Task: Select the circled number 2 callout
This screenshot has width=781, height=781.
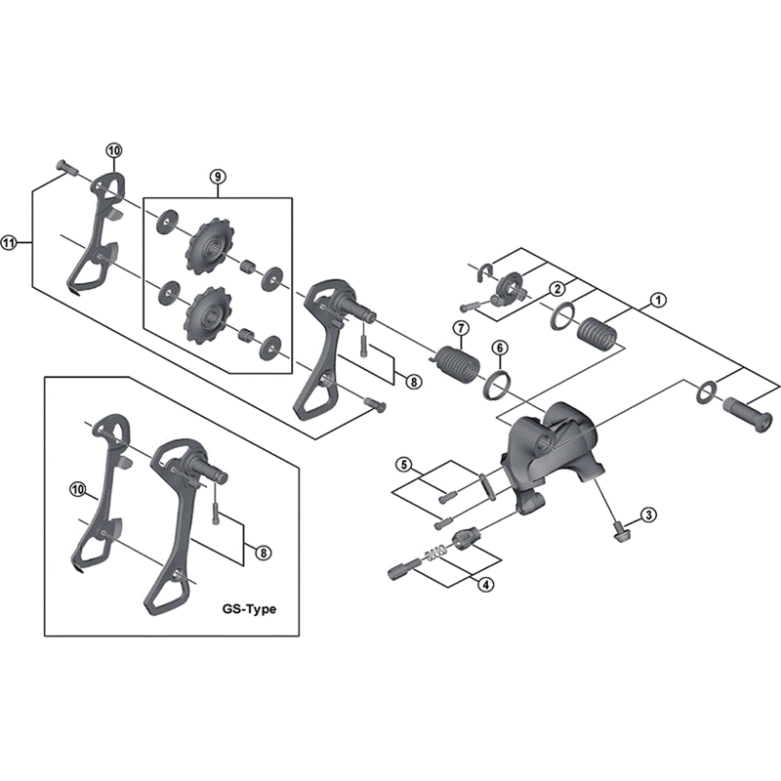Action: point(556,289)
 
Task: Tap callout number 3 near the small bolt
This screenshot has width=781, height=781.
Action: point(647,514)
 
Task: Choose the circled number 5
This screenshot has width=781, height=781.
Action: point(404,464)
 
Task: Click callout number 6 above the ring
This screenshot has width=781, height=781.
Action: point(498,349)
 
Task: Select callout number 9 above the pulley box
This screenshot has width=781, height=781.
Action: point(217,177)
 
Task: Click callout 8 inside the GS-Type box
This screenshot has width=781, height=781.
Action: point(263,553)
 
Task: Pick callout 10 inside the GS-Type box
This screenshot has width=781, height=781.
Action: point(78,487)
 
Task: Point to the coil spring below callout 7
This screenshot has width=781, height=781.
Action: point(455,363)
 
